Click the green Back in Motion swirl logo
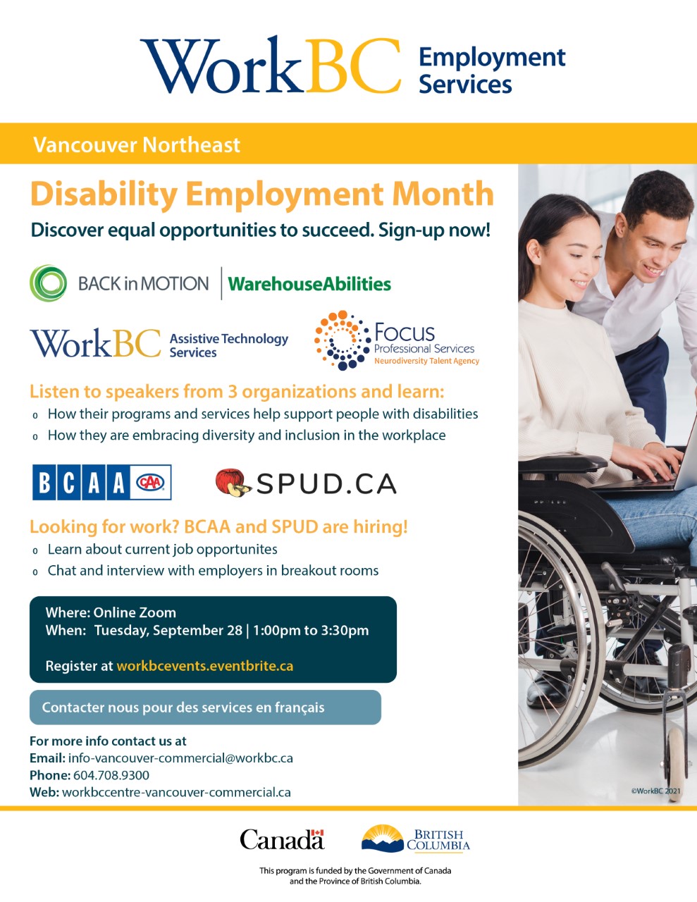pos(49,283)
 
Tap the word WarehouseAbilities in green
pos(309,284)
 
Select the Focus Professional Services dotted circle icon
pos(342,340)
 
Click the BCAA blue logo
pos(101,483)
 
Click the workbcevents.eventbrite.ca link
pos(204,666)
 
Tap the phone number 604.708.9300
pos(111,775)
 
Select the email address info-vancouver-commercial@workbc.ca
pos(180,758)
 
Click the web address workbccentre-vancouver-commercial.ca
pos(176,792)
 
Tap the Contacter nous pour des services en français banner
pos(204,708)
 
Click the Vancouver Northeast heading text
pos(137,145)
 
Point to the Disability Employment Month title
pos(261,194)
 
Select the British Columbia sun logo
pos(383,838)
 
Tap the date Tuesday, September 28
pos(168,630)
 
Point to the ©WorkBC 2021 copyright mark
pos(656,791)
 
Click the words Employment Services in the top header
pos(491,70)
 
